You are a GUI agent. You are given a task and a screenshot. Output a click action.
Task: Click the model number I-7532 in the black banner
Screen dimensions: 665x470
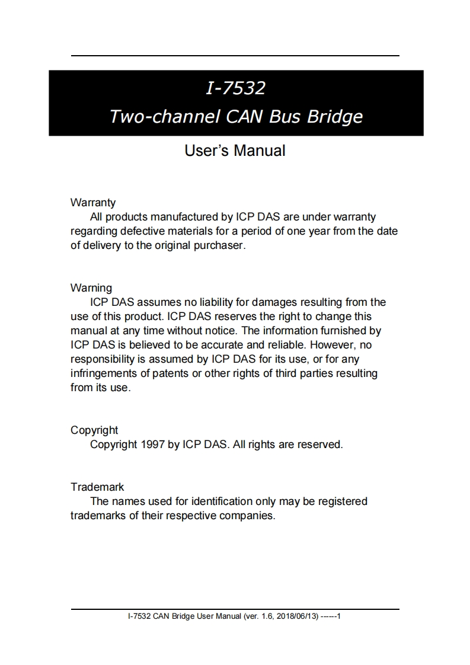coord(235,88)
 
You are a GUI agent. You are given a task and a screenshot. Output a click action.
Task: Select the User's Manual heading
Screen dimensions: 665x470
coord(235,151)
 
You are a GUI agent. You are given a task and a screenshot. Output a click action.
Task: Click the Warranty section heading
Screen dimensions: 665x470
coord(93,203)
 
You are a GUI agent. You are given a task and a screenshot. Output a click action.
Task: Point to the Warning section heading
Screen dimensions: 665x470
coord(91,288)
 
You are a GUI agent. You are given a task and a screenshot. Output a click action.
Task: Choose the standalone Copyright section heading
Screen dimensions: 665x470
coord(94,430)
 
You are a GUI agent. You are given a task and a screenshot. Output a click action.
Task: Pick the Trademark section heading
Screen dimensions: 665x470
coord(97,487)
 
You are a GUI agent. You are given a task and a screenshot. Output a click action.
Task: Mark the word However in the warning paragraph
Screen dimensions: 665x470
coord(331,345)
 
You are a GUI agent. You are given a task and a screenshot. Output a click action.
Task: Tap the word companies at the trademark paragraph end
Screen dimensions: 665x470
coord(247,516)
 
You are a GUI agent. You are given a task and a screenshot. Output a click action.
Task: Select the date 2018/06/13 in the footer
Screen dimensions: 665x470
coord(294,616)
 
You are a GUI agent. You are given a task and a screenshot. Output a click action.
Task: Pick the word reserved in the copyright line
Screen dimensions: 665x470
coord(319,444)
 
